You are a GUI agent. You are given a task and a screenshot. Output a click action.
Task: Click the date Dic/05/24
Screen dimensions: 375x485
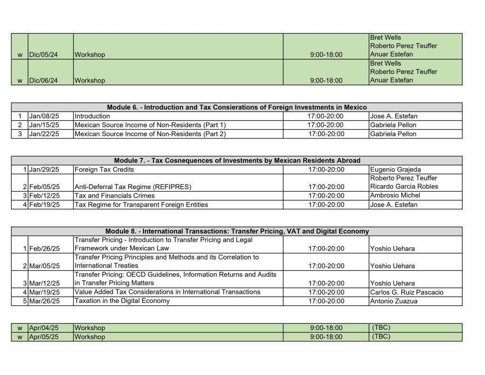pyautogui.click(x=44, y=55)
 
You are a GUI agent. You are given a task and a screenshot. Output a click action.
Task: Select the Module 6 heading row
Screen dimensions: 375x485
pyautogui.click(x=237, y=107)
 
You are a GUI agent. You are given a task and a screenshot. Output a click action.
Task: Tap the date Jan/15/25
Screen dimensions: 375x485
pyautogui.click(x=44, y=125)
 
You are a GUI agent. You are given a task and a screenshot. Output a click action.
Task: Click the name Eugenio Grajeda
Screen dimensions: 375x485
pyautogui.click(x=395, y=169)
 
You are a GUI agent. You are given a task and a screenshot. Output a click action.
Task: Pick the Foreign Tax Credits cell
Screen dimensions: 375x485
pyautogui.click(x=104, y=169)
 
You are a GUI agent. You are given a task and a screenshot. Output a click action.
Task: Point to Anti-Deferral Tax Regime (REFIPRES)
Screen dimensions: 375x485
pyautogui.click(x=133, y=187)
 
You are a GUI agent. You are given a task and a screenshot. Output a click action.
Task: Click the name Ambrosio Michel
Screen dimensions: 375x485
pyautogui.click(x=395, y=195)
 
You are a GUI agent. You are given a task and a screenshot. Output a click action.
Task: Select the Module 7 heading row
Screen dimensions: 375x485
pyautogui.click(x=237, y=160)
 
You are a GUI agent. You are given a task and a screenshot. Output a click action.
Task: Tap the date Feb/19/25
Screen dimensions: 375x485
pyautogui.click(x=45, y=205)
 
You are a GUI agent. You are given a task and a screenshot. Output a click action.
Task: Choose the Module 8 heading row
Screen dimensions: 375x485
pyautogui.click(x=237, y=231)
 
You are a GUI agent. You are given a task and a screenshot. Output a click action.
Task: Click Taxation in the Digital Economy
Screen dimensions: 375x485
pyautogui.click(x=122, y=301)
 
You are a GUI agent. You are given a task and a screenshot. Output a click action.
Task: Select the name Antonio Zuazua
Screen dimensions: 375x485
pyautogui.click(x=394, y=301)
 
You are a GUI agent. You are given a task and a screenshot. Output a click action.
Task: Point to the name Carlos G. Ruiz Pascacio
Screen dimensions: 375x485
pyautogui.click(x=406, y=292)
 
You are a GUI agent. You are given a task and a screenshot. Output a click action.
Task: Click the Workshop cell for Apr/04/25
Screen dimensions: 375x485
pyautogui.click(x=90, y=328)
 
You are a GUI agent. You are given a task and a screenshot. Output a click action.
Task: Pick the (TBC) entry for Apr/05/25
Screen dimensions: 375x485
pyautogui.click(x=381, y=337)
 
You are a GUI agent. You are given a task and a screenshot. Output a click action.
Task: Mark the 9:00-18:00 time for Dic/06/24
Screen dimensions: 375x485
pyautogui.click(x=326, y=81)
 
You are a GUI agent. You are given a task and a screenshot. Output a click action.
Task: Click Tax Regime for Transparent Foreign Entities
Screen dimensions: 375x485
pyautogui.click(x=141, y=205)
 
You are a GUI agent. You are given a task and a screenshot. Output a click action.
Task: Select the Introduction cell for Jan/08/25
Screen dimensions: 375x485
pyautogui.click(x=92, y=116)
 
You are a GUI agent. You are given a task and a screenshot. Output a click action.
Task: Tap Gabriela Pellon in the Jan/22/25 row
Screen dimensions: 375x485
pyautogui.click(x=393, y=134)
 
